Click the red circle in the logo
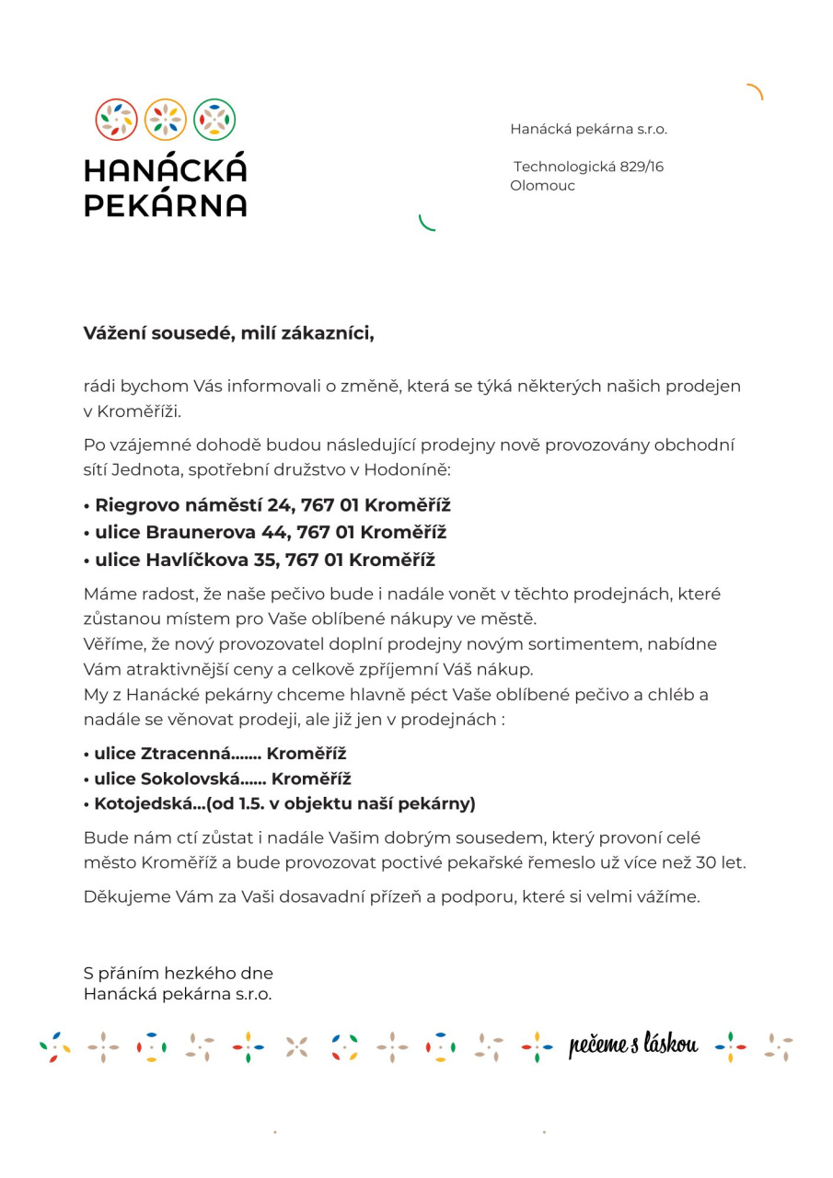click(117, 120)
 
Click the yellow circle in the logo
click(166, 120)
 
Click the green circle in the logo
click(214, 120)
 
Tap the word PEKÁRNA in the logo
click(166, 204)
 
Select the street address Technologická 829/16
click(588, 167)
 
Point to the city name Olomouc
click(542, 186)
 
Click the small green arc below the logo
click(426, 223)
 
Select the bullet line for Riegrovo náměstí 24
click(267, 505)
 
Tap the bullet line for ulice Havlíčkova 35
click(259, 560)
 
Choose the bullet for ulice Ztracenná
click(214, 754)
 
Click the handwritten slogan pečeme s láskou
click(633, 1045)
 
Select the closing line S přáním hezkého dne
click(179, 973)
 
